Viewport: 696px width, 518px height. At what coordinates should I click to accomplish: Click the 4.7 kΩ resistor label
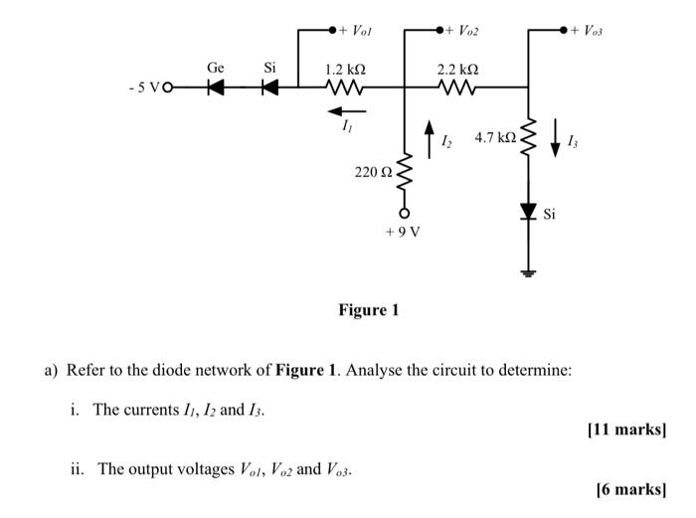(494, 137)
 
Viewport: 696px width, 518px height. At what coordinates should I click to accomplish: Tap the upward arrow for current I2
(430, 137)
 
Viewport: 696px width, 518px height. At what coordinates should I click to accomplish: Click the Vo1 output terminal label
(360, 31)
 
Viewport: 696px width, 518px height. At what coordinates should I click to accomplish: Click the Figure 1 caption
(368, 310)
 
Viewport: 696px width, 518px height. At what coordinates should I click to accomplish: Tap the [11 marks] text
(626, 430)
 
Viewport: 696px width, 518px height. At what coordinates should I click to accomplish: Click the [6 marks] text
(630, 488)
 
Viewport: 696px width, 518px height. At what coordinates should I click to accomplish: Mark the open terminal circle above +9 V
(405, 213)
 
